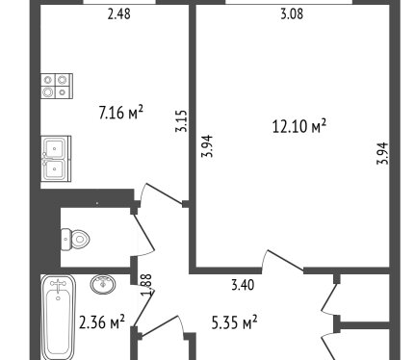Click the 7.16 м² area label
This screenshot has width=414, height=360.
[x=120, y=113]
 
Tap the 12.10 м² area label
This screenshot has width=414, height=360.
[x=299, y=126]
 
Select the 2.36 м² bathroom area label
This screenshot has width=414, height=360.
[x=102, y=321]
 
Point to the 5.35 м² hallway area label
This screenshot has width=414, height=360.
[x=235, y=322]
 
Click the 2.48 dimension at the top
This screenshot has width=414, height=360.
[x=119, y=14]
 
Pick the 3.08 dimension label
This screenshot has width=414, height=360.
[x=292, y=14]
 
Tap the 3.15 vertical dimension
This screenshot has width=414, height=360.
[x=181, y=121]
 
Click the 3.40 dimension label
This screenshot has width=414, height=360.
[x=243, y=285]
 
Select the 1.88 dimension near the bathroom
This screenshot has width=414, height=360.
[x=146, y=286]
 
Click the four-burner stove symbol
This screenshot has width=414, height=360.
[x=57, y=86]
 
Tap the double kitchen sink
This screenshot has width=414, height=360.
[x=56, y=159]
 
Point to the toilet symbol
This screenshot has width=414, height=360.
[x=75, y=240]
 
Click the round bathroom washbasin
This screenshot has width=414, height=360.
[x=103, y=284]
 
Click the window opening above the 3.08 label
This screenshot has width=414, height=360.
[x=289, y=2]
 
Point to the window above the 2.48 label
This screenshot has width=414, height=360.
[x=119, y=2]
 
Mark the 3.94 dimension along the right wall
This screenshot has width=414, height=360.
[x=382, y=153]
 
